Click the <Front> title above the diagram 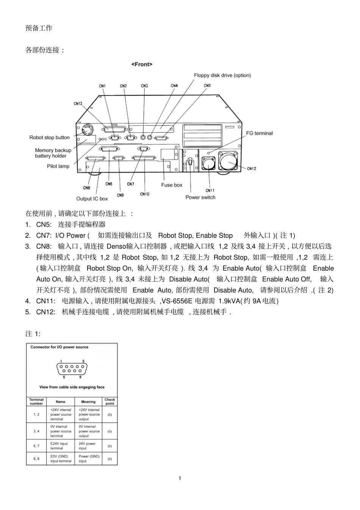click(142, 64)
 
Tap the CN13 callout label click(78, 104)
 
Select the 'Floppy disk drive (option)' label click(222, 75)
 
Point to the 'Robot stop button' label click(50, 137)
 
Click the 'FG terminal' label click(259, 133)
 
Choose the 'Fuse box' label click(172, 185)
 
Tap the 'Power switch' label click(200, 197)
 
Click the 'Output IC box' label click(92, 199)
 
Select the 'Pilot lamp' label click(58, 166)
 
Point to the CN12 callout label click(252, 168)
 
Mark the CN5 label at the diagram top click(207, 86)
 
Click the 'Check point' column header click(110, 402)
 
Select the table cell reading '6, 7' click(36, 446)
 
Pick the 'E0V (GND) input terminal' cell click(61, 459)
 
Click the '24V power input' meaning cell click(87, 446)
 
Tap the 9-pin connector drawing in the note click(72, 369)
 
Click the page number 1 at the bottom click(180, 478)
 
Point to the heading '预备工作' click(39, 28)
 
